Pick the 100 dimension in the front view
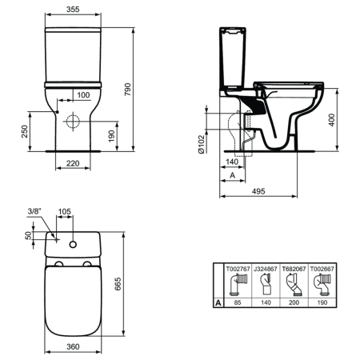tap(83, 95)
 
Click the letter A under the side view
tap(231, 175)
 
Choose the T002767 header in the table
tap(238, 270)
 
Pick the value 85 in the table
tap(238, 304)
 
